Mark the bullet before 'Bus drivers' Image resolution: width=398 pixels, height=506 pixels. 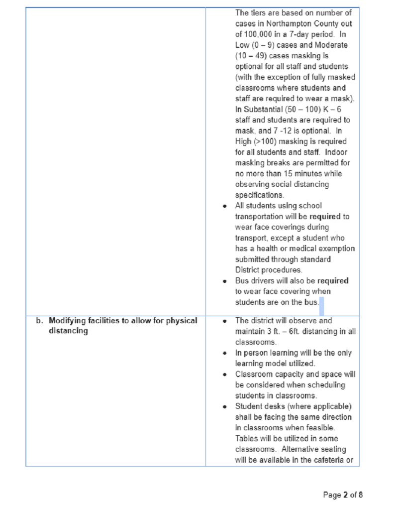point(225,281)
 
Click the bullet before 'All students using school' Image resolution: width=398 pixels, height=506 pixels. point(225,206)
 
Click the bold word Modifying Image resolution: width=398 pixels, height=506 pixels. point(67,321)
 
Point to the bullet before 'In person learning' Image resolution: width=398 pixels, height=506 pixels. point(225,353)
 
